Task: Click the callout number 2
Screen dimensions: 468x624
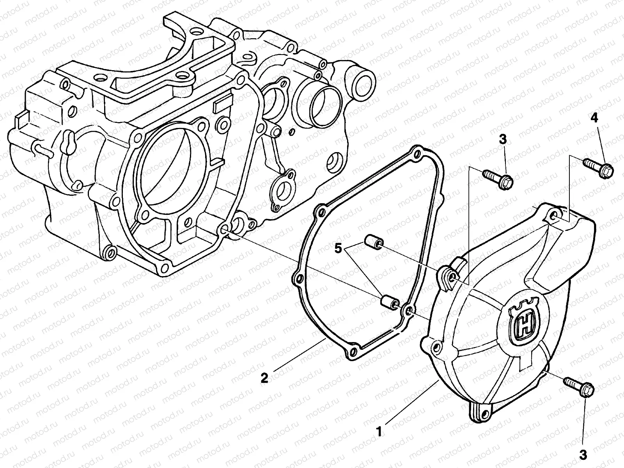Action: pos(264,378)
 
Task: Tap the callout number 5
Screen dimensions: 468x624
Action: pos(339,248)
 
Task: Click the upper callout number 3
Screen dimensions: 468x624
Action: pos(503,139)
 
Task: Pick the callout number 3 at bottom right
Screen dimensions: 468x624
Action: pos(583,454)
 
